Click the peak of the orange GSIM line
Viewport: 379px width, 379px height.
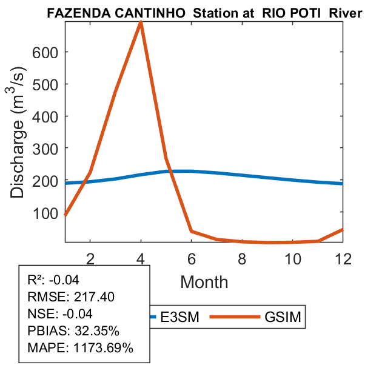(141, 22)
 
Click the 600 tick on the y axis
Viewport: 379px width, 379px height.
(49, 52)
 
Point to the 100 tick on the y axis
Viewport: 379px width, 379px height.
(49, 213)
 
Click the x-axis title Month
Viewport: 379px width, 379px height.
(204, 281)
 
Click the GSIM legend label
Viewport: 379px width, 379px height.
(283, 317)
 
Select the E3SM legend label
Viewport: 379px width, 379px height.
(179, 317)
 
